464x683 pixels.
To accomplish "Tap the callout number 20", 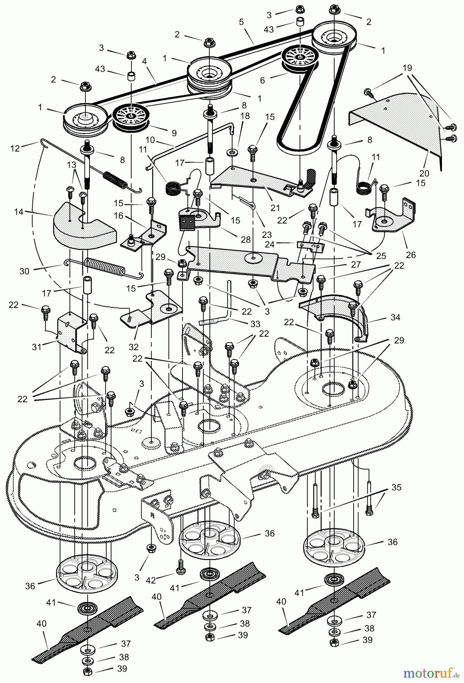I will tap(424, 173).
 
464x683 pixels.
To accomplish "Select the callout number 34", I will tap(395, 317).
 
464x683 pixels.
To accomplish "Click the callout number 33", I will tap(255, 324).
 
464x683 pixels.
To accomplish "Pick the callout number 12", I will tap(16, 149).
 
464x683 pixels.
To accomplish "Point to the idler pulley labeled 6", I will tap(300, 58).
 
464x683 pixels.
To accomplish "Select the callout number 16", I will tap(119, 216).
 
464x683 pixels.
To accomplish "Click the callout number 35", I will tap(396, 487).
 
